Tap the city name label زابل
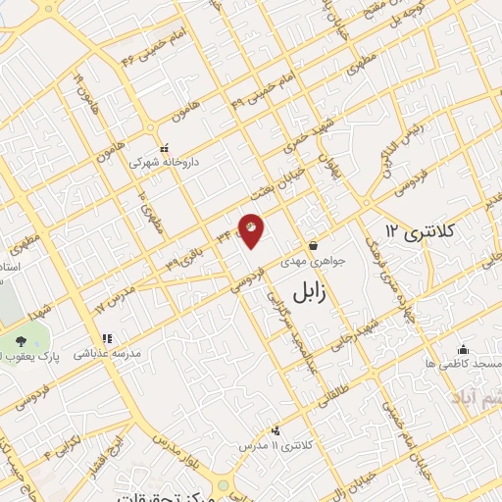click(319, 287)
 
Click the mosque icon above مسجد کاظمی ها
click(463, 349)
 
